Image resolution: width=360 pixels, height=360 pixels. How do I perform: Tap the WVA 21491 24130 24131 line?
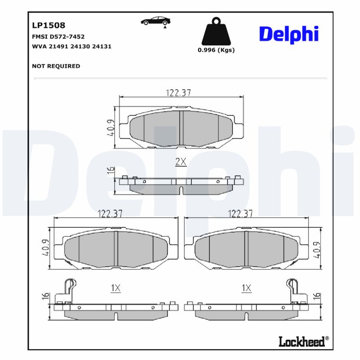tap(72, 46)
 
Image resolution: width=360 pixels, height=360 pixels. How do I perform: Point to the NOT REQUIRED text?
tap(56, 66)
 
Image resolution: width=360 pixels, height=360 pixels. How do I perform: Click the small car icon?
tap(156, 21)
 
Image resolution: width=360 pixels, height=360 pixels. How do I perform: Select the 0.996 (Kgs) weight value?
tap(216, 50)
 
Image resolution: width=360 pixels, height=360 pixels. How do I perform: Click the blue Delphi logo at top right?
tap(288, 34)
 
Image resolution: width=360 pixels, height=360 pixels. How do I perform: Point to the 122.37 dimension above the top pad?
tap(179, 93)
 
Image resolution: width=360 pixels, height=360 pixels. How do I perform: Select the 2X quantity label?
tap(180, 162)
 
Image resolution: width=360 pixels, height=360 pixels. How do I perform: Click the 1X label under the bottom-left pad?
tap(116, 288)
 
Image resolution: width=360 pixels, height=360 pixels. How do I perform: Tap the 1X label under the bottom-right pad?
tap(246, 288)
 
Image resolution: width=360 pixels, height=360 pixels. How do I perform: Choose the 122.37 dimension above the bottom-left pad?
tap(110, 214)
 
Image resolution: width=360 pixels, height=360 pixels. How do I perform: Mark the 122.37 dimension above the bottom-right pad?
tap(240, 214)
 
